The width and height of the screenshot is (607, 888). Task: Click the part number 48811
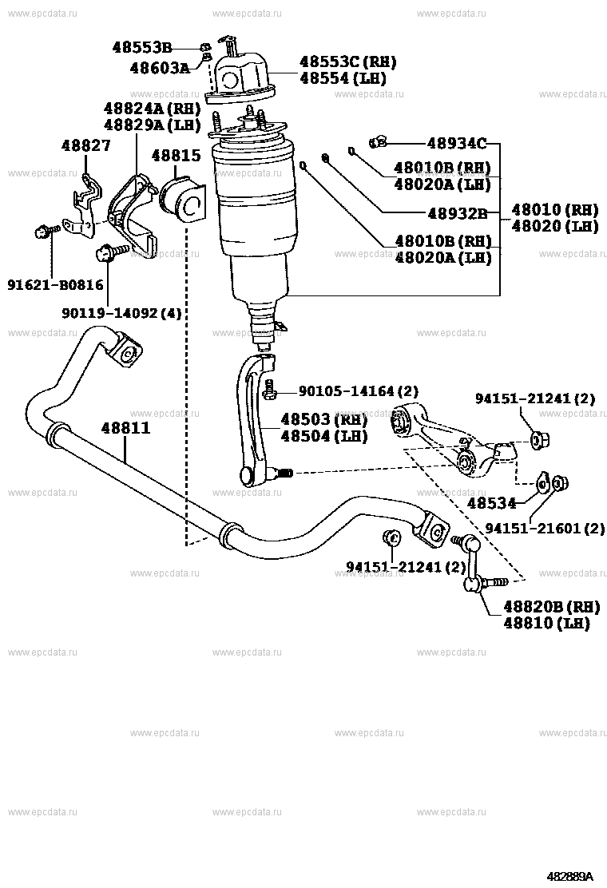tap(125, 429)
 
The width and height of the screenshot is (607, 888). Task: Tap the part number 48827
tap(86, 145)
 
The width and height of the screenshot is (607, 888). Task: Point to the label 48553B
tap(142, 47)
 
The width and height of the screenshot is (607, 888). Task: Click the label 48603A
tap(160, 68)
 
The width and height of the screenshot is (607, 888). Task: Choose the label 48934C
tap(456, 144)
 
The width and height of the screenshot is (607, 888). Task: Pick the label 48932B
tap(457, 213)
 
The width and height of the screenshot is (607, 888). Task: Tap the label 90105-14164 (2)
tap(358, 390)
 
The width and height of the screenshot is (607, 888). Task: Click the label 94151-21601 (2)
tap(545, 529)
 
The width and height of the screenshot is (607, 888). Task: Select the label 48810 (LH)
tap(546, 623)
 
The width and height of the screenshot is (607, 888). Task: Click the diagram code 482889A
tap(569, 876)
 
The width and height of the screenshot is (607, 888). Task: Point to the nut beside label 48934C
tap(379, 143)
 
